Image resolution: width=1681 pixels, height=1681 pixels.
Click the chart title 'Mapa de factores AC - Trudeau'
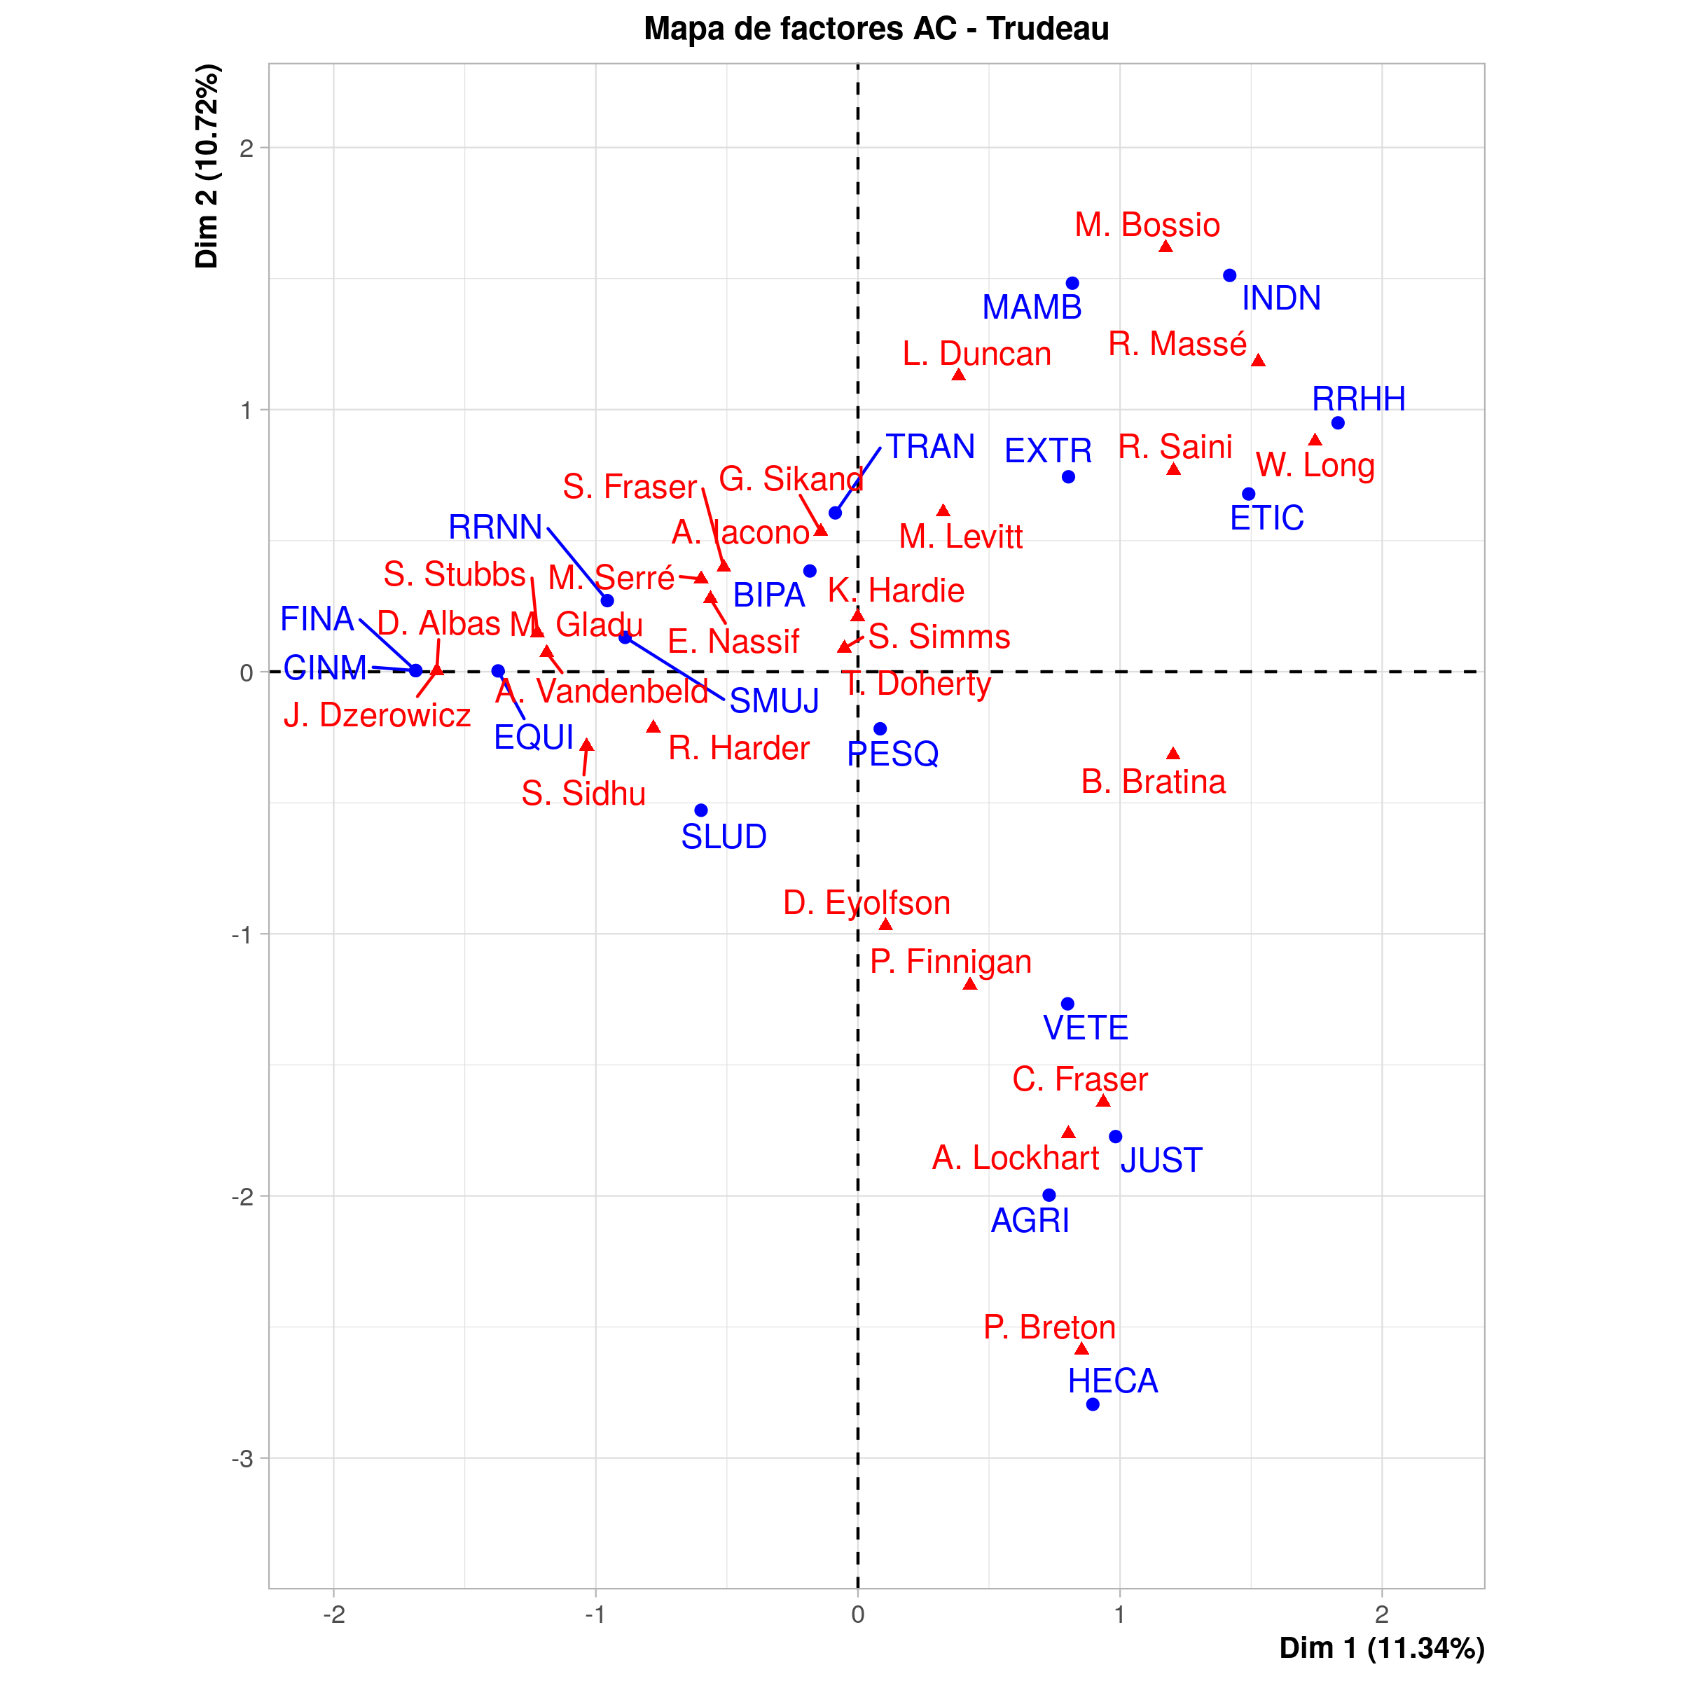876,29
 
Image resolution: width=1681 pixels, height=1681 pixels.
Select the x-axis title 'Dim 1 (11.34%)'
1382,1648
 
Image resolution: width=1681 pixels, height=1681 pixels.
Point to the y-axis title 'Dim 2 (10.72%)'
207,166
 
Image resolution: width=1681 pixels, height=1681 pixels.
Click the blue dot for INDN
1229,276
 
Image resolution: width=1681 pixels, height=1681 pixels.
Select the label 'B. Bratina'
1153,782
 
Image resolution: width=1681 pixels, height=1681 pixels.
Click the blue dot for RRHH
1338,423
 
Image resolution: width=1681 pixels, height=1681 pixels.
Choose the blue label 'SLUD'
724,836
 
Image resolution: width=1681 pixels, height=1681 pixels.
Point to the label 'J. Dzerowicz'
377,715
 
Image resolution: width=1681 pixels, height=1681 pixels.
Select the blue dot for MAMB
1073,284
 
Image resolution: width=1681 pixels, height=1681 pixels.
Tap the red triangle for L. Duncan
959,375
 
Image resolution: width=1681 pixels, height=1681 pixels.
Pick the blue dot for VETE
1068,1004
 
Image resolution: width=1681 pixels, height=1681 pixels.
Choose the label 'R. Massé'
1177,345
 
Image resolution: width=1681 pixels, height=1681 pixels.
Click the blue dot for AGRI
1049,1196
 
